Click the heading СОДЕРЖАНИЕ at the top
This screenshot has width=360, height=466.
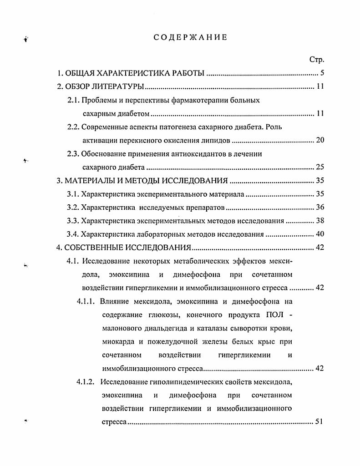coord(190,38)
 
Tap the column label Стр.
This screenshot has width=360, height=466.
coord(316,60)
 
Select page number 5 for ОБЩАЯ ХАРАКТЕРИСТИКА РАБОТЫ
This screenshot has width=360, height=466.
coord(321,73)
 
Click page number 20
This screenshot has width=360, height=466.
coord(319,140)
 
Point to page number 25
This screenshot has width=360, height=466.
coord(319,167)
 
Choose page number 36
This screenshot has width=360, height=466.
coord(319,208)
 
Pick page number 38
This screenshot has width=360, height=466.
coord(319,221)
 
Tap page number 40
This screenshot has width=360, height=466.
coord(319,234)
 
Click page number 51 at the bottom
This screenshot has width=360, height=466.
coord(319,421)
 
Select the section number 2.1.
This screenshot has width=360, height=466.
coord(73,100)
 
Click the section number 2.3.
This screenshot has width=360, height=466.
coord(73,154)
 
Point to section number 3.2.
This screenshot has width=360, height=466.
coord(73,208)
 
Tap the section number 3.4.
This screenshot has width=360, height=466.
coord(73,234)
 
